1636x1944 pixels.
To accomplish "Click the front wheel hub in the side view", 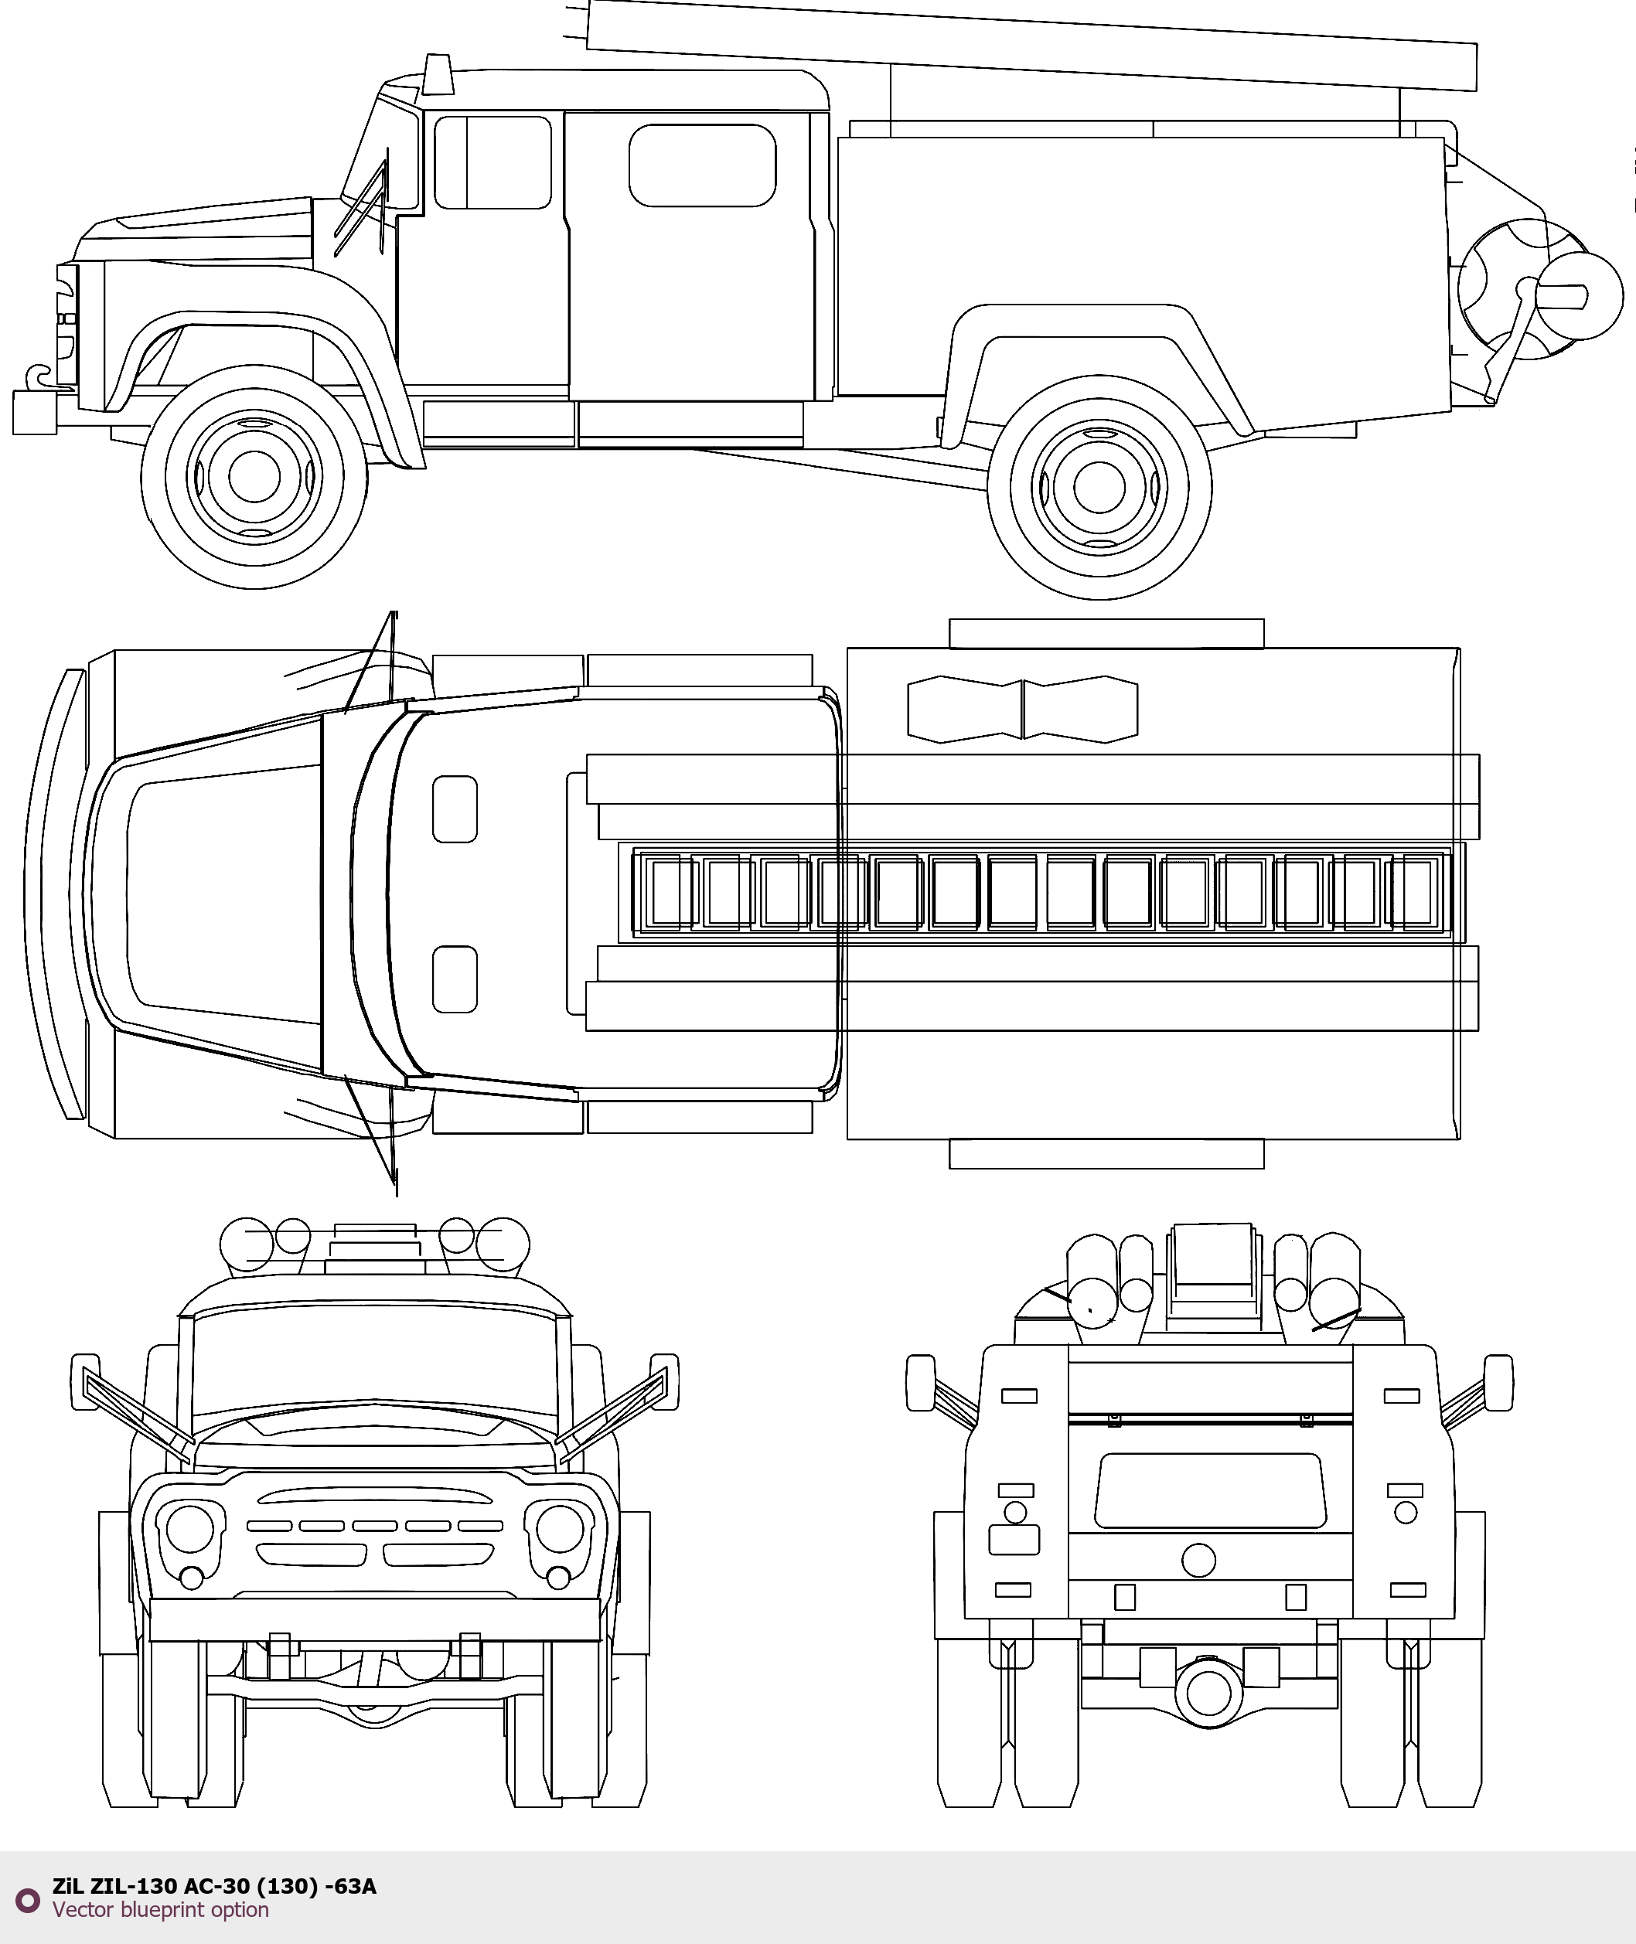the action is tap(253, 475).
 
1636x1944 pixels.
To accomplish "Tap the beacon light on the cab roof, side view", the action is tap(438, 75).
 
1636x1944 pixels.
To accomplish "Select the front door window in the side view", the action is tap(493, 162).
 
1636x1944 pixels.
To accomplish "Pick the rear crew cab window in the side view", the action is tap(702, 165).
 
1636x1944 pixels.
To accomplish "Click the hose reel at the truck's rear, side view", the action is tap(1539, 290).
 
